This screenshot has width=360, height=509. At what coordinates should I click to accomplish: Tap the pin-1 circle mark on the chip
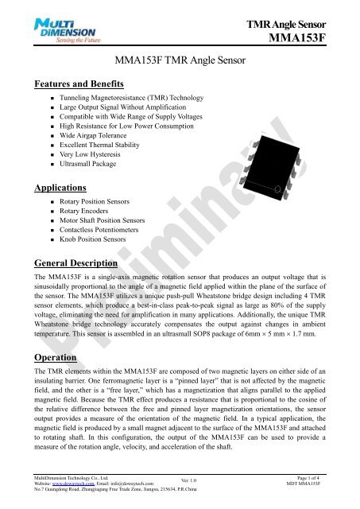coord(278,165)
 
